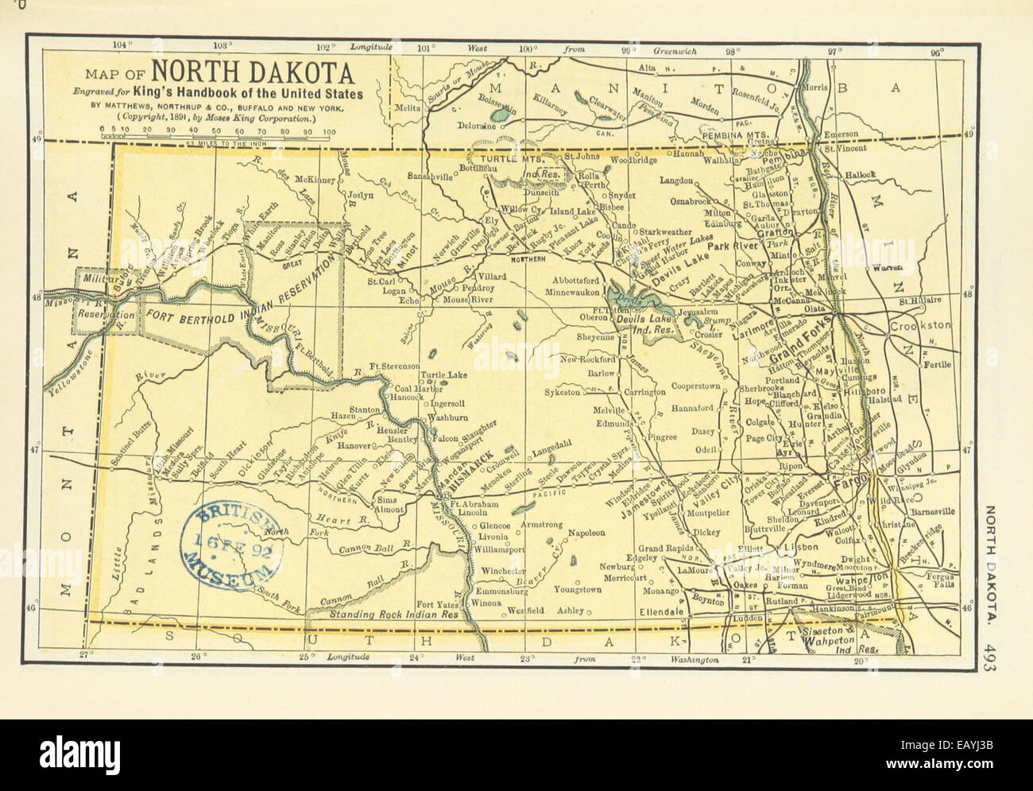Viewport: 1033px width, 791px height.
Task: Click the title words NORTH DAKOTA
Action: click(x=253, y=73)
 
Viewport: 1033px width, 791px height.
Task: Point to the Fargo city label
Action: click(x=848, y=483)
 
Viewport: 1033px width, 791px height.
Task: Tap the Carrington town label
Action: click(x=644, y=393)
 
